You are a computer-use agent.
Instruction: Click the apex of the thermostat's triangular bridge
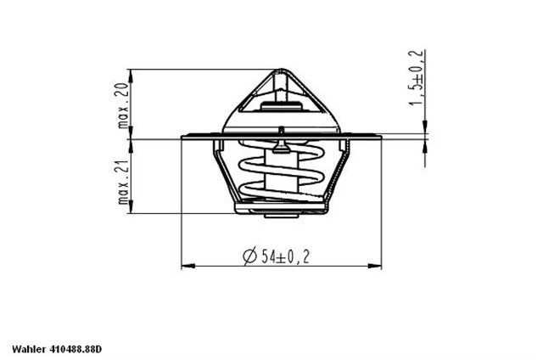(x=281, y=72)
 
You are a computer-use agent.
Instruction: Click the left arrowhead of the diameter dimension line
(x=186, y=267)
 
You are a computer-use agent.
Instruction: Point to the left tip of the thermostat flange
(x=183, y=138)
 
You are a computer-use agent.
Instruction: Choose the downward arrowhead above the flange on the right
(x=424, y=128)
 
